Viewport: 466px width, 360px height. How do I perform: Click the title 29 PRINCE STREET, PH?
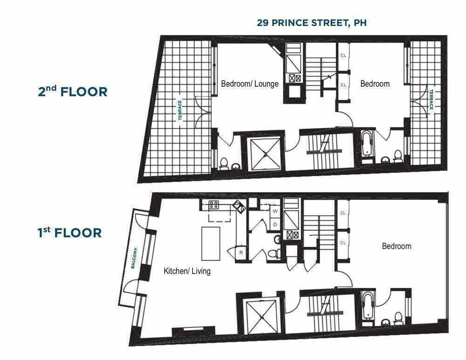click(311, 22)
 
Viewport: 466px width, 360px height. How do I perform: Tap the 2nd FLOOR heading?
click(73, 91)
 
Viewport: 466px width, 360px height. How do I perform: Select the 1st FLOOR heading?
click(69, 231)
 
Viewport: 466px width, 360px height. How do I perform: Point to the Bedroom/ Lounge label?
click(249, 84)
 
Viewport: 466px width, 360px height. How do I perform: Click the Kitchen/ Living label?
click(186, 271)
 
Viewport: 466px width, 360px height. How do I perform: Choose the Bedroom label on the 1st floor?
click(397, 246)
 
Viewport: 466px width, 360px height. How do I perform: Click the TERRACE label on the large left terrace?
click(179, 110)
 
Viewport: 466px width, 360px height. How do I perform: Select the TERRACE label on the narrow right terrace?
click(431, 99)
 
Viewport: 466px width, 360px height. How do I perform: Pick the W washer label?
click(275, 211)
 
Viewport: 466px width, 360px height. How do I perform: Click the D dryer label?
click(275, 224)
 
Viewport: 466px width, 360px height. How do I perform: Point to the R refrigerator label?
click(241, 252)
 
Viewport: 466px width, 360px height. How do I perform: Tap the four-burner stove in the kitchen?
click(214, 204)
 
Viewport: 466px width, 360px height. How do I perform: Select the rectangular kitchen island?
click(211, 243)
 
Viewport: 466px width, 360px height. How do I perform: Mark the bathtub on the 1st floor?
click(367, 305)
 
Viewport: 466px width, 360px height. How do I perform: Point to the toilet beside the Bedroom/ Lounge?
click(224, 163)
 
